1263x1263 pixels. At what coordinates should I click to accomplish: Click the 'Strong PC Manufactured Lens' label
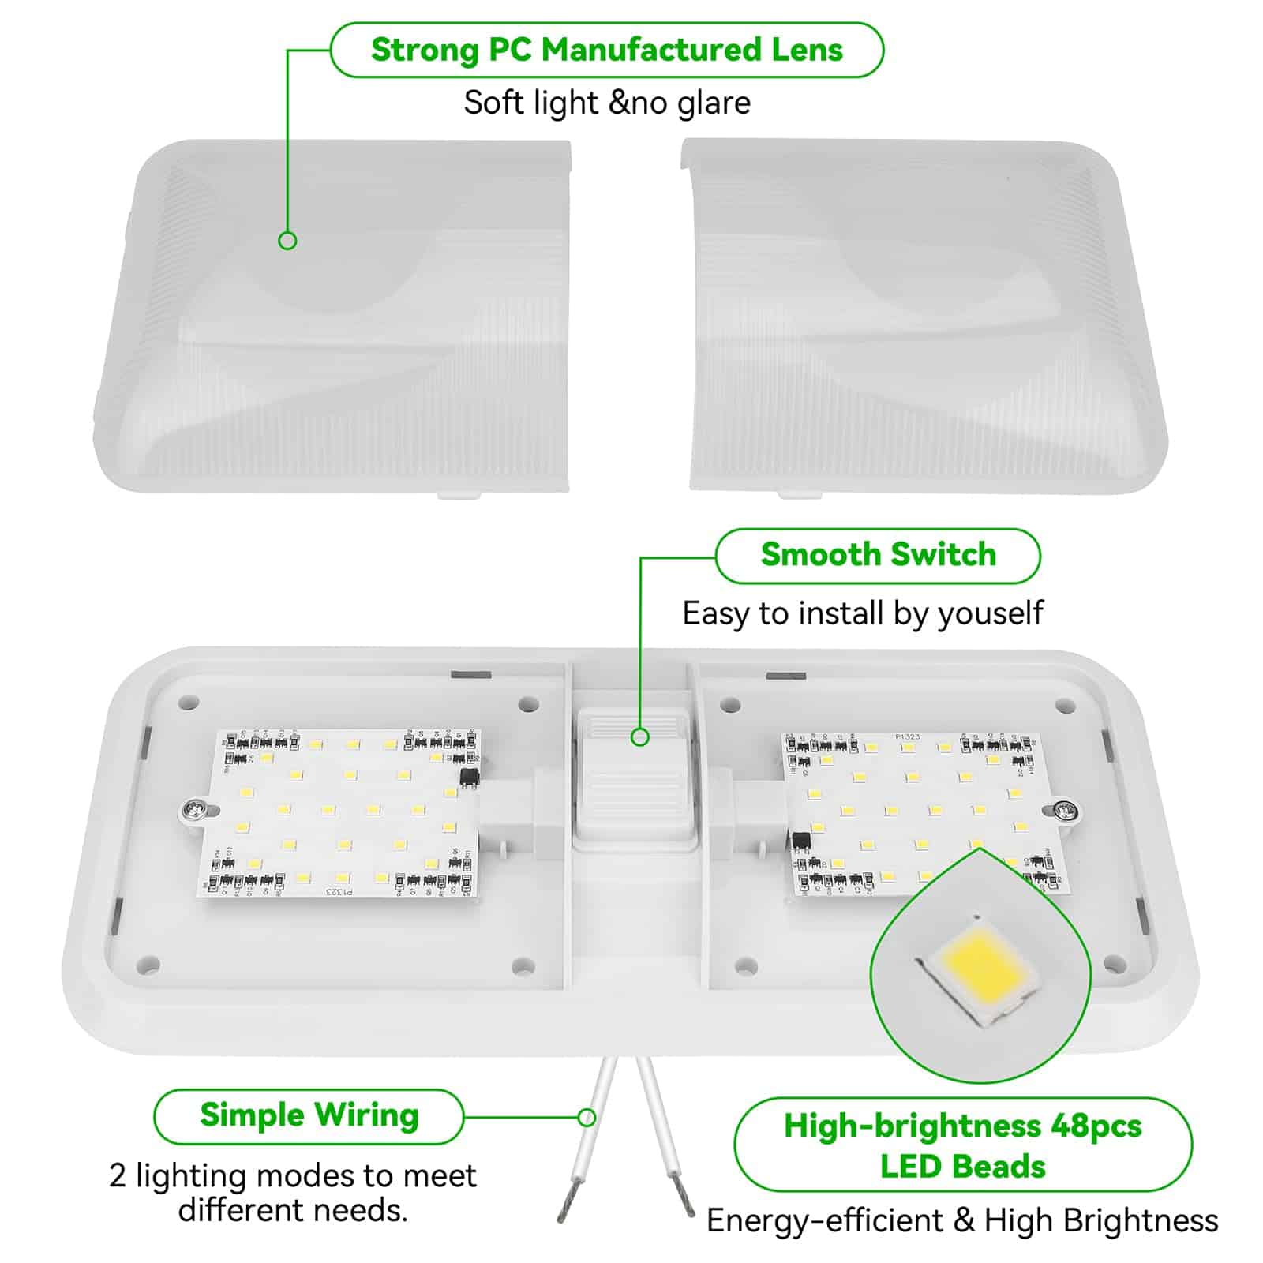pos(606,50)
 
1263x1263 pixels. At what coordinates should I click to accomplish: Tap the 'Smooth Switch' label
pos(878,555)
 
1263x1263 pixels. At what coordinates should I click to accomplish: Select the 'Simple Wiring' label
pos(309,1115)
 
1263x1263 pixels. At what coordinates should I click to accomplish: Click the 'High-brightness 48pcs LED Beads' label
pos(963,1145)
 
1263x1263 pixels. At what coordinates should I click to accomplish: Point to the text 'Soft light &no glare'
pos(607,103)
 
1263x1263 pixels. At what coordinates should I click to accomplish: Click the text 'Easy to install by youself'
pos(863,613)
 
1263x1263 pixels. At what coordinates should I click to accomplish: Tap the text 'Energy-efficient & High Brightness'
pos(962,1220)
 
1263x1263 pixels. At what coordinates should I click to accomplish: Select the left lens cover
pos(332,316)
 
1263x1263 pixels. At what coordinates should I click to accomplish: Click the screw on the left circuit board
pos(192,808)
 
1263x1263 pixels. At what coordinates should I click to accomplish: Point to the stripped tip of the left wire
pos(570,1197)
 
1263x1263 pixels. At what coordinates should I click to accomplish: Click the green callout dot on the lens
pos(287,241)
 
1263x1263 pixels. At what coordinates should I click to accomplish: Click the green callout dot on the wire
pos(587,1117)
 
